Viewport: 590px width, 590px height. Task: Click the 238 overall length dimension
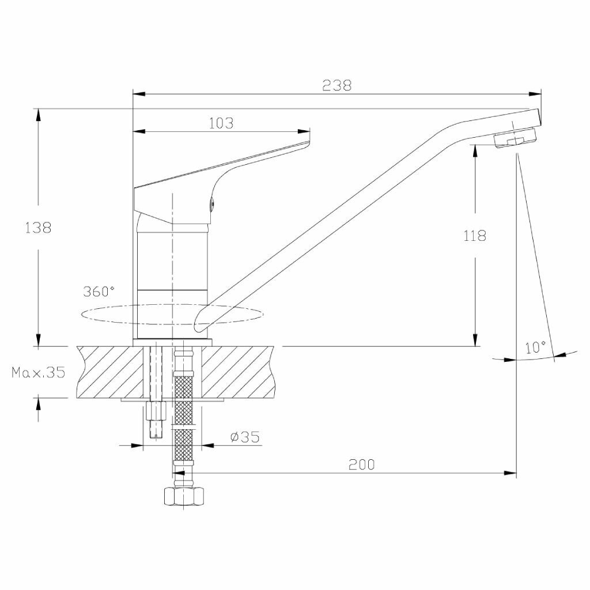[336, 85]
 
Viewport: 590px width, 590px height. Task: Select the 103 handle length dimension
[221, 123]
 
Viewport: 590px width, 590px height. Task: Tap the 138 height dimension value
[38, 228]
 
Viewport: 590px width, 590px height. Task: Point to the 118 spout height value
[475, 236]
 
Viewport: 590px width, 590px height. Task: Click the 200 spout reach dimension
[362, 464]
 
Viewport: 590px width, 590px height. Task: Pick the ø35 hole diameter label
[244, 437]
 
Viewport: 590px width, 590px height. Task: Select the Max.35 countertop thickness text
[38, 372]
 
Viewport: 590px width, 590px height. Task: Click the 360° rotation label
[99, 291]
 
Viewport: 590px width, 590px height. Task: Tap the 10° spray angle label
[535, 347]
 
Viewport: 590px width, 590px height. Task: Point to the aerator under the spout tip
[515, 139]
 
